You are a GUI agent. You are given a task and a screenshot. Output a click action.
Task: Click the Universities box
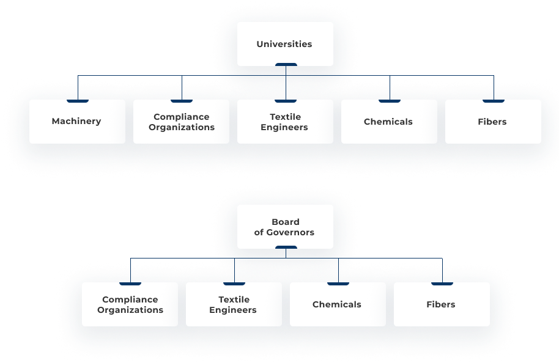[285, 44]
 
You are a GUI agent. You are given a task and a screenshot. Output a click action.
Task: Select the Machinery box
[77, 122]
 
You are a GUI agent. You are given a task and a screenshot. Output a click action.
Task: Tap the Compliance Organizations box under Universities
[181, 122]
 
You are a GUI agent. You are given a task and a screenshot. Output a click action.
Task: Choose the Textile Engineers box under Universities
[285, 122]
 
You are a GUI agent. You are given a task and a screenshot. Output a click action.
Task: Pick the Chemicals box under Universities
[389, 122]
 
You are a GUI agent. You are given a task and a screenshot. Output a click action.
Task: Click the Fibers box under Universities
[493, 122]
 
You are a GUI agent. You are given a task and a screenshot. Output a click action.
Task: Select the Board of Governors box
[285, 227]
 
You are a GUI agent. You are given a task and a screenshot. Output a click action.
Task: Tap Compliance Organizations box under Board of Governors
[130, 304]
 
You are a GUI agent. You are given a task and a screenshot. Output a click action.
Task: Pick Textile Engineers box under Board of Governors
[234, 304]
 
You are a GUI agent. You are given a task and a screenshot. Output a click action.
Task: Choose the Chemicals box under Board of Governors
[338, 304]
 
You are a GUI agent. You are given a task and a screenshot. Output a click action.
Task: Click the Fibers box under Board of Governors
[442, 304]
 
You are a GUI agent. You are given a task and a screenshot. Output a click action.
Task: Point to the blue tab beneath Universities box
[286, 65]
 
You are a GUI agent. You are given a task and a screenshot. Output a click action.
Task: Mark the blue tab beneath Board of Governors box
[286, 248]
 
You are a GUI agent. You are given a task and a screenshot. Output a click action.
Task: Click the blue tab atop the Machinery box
[78, 100]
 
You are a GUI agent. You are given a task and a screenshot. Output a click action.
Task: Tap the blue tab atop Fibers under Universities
[494, 100]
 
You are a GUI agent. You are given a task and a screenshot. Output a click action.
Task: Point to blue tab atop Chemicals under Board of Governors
[338, 283]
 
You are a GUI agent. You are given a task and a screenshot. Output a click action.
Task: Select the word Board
[286, 222]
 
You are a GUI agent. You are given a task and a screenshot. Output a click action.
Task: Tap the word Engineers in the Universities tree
[284, 127]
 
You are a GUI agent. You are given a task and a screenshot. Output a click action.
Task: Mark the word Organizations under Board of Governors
[130, 310]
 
